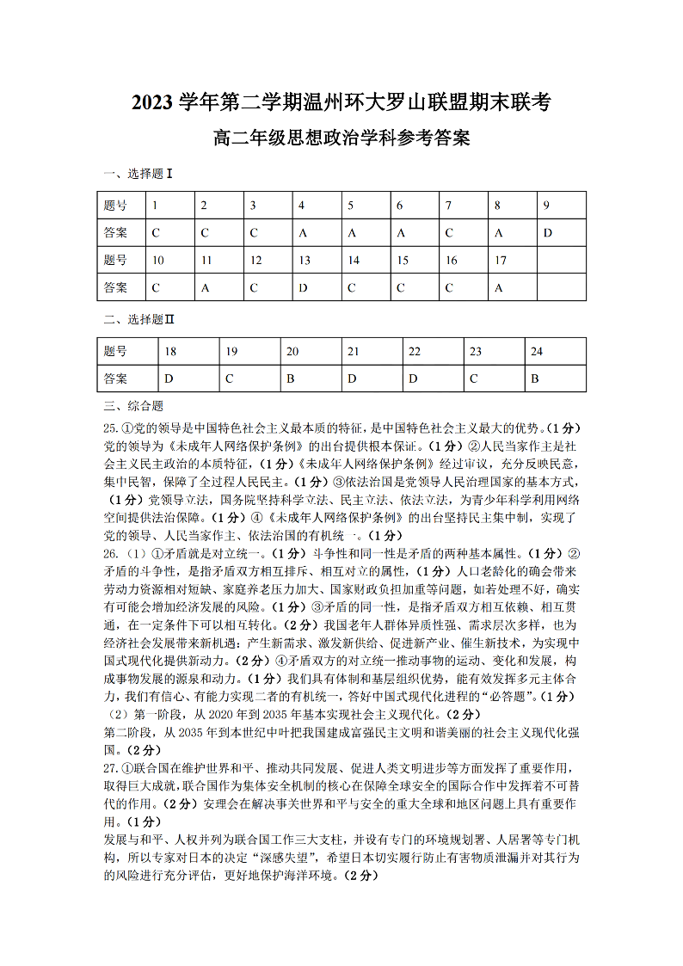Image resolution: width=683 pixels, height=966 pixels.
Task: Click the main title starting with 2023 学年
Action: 341,102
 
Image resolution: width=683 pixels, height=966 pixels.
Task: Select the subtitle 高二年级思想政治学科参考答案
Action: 341,138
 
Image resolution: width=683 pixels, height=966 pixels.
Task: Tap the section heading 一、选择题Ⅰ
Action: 138,174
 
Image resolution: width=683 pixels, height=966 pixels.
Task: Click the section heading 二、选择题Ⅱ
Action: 138,320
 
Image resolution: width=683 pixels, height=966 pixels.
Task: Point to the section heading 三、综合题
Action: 132,406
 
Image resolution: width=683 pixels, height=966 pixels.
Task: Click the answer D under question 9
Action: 547,232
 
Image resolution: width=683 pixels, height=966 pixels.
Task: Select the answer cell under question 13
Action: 303,287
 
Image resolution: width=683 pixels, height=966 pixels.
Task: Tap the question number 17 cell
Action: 500,260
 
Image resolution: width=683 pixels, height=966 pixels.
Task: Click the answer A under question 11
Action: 205,287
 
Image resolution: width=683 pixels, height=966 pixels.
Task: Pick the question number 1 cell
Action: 155,205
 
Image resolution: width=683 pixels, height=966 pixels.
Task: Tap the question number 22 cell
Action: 415,351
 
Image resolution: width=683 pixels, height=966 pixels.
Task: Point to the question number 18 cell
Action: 170,351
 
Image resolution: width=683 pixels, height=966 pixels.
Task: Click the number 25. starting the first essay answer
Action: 110,428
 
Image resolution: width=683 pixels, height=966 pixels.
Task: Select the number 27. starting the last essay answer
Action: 110,766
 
